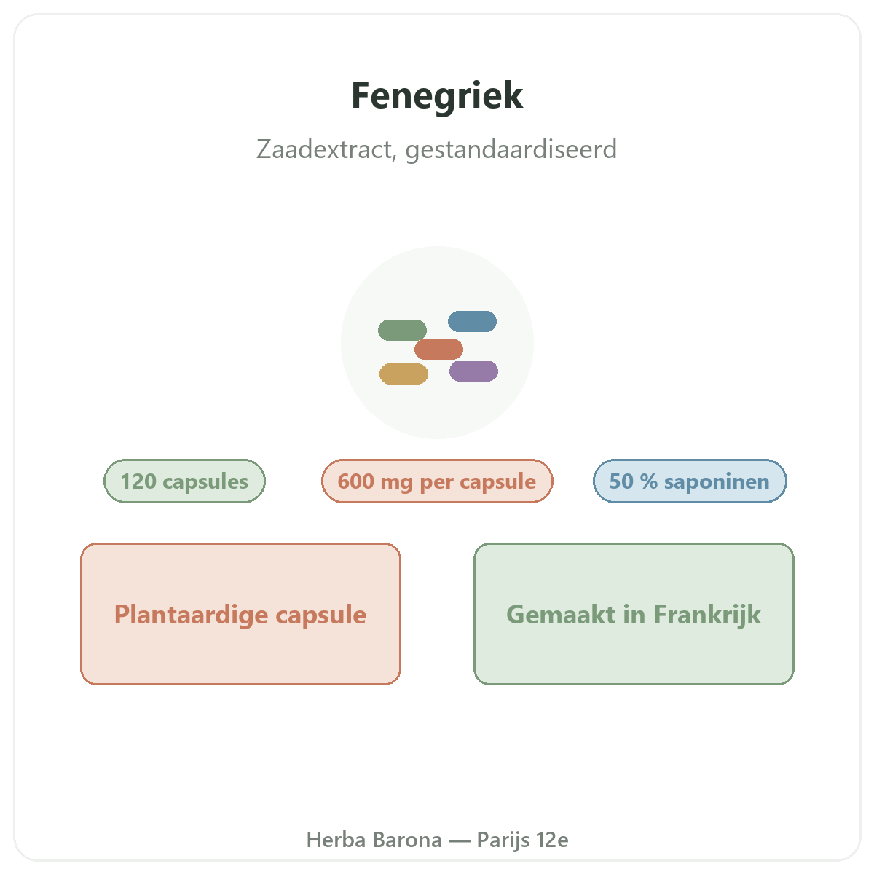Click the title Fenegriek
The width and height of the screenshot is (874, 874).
click(x=437, y=96)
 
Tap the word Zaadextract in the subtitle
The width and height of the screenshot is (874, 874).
click(x=326, y=149)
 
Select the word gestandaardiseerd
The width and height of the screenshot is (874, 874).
click(x=511, y=150)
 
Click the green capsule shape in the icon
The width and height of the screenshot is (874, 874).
click(x=402, y=330)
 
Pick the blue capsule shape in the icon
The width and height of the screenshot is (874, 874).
click(x=472, y=322)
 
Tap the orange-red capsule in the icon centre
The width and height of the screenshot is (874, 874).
click(x=438, y=350)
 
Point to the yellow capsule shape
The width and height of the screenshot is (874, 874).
click(x=403, y=374)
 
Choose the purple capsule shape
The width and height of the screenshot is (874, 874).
click(x=473, y=371)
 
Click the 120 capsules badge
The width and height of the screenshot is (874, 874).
click(x=184, y=481)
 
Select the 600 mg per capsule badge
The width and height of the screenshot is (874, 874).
click(x=437, y=481)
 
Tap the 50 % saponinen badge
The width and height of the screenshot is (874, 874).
click(x=690, y=481)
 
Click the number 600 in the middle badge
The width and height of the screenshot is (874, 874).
click(x=355, y=481)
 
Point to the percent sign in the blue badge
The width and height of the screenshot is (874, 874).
click(x=649, y=481)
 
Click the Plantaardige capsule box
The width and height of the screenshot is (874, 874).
click(x=240, y=614)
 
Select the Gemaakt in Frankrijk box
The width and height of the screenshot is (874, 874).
click(x=634, y=614)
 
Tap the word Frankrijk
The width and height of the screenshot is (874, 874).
click(x=707, y=615)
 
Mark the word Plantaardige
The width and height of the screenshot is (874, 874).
click(x=191, y=615)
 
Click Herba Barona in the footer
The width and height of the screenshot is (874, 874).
click(x=374, y=840)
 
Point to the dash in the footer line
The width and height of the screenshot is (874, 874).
click(x=460, y=840)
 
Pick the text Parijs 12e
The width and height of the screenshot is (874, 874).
click(x=522, y=840)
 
